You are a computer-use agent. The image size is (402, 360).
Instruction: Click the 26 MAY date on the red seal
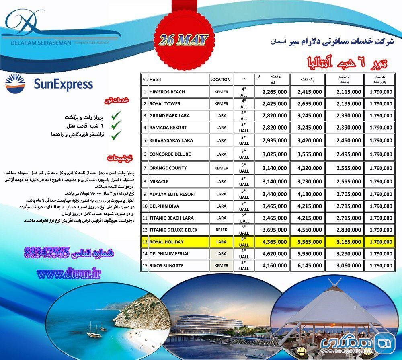(183, 40)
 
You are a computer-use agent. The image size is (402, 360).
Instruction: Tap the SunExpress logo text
(63, 84)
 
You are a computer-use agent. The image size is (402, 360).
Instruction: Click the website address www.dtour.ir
(68, 274)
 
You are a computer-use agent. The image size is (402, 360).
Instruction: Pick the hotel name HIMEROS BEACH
(167, 92)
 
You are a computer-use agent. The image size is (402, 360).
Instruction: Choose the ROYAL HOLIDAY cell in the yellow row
(166, 242)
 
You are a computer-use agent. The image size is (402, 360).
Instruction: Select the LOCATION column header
(221, 80)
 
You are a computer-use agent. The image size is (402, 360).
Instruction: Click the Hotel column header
(155, 80)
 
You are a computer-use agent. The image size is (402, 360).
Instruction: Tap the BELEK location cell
(221, 230)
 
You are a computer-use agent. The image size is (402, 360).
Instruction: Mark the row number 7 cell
(144, 168)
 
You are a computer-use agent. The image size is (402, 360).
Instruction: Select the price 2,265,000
(275, 92)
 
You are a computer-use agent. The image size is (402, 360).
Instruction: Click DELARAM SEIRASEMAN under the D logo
(36, 42)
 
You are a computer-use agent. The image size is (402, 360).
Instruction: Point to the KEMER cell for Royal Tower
(221, 104)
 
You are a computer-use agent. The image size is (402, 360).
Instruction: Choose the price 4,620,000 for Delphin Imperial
(275, 254)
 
